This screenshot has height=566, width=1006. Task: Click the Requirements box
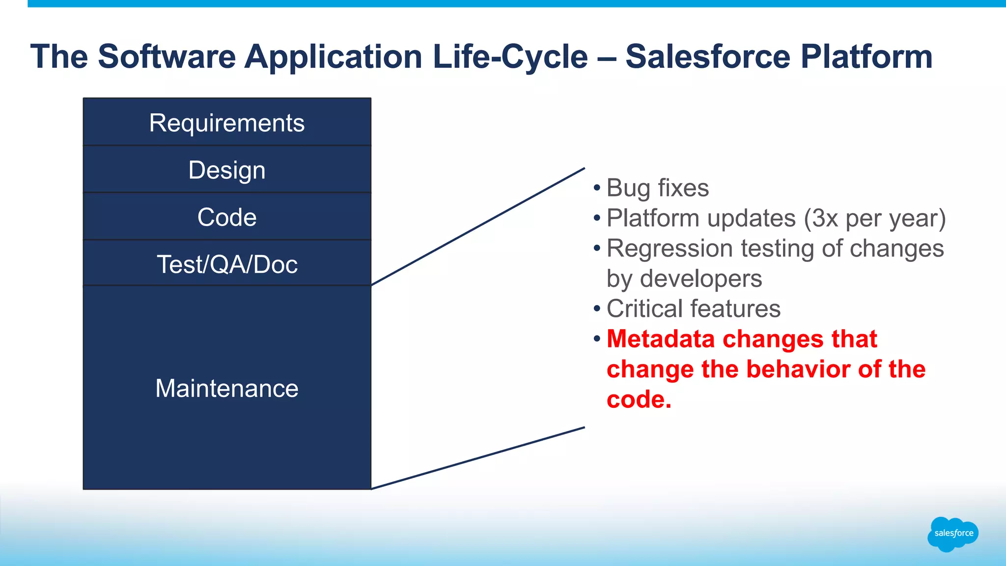coord(227,122)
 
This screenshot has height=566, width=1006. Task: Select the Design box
coord(227,170)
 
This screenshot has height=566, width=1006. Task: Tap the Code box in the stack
coord(227,217)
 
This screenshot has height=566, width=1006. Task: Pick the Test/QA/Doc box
coord(227,264)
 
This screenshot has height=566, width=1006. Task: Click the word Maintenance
coord(227,388)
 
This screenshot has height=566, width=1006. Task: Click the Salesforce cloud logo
coord(953,534)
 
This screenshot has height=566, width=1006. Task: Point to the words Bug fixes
coord(657,188)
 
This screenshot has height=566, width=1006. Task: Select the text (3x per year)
coord(874,218)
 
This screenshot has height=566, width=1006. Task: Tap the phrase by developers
coord(684,279)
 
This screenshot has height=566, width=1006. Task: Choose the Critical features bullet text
coord(693,309)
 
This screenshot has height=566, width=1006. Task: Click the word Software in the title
coord(167,57)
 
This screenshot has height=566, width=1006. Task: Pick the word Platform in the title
coord(866,57)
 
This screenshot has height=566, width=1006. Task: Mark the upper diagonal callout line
coord(477,226)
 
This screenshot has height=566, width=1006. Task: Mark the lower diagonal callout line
coord(477,458)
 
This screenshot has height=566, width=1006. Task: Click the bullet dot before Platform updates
coord(597,218)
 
